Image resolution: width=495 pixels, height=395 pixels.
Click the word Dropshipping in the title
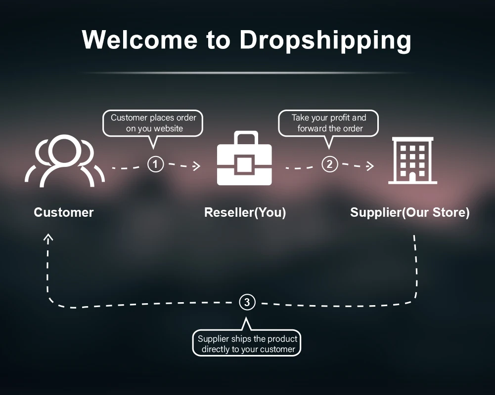tap(325, 39)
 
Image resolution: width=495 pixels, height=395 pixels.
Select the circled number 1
tap(155, 164)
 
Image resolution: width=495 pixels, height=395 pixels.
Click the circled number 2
tap(329, 164)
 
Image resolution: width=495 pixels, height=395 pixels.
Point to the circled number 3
tap(247, 302)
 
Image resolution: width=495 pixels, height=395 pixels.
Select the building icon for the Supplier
tap(412, 160)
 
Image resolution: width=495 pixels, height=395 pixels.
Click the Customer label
tap(64, 212)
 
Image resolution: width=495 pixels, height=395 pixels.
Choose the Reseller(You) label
tap(245, 212)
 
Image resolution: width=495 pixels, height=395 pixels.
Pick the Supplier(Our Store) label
tap(410, 212)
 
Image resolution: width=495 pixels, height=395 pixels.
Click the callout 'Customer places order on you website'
tap(153, 123)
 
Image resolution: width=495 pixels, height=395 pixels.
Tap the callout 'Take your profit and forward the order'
tap(329, 123)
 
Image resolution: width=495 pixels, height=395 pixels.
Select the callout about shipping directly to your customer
tap(247, 344)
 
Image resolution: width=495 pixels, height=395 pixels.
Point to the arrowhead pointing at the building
tap(370, 166)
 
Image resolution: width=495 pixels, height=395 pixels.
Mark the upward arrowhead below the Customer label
tap(48, 238)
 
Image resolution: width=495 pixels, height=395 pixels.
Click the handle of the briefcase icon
tap(244, 137)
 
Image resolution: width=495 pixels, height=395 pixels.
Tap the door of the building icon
tap(412, 175)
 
